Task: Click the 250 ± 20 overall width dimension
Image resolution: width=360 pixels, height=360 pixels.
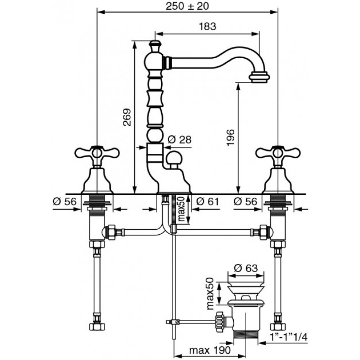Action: (187, 6)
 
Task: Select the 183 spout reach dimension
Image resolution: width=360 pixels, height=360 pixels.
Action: (207, 27)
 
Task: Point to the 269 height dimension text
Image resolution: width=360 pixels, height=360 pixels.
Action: (127, 117)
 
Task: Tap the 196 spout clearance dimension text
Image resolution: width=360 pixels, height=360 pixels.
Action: (230, 137)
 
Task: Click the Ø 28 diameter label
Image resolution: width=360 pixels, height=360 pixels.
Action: (180, 139)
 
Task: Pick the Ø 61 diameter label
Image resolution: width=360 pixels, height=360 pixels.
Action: (208, 202)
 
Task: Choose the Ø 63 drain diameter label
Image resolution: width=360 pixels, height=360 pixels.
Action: (246, 268)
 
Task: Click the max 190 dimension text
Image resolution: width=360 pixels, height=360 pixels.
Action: (210, 350)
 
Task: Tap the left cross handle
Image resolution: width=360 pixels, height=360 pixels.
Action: (97, 153)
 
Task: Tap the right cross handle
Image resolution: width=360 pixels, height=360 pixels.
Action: (278, 153)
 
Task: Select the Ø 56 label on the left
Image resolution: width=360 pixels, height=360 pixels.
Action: (64, 202)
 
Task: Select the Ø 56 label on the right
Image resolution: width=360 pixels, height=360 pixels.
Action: (246, 202)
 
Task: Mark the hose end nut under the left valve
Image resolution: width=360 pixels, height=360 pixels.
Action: (97, 326)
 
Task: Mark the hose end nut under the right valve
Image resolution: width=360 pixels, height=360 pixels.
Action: (278, 326)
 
